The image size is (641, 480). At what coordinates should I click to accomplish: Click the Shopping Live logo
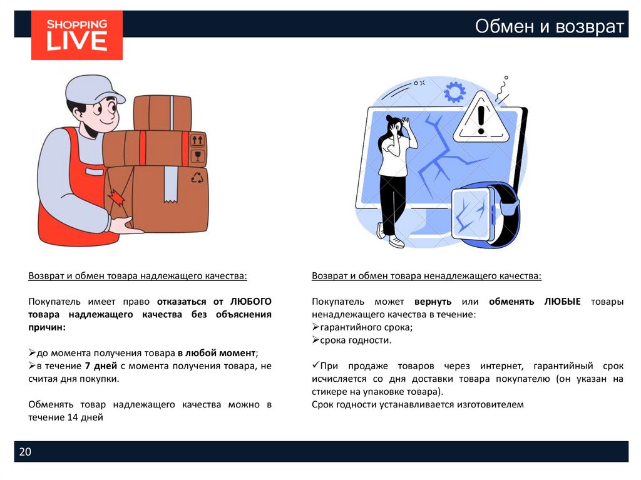[77, 35]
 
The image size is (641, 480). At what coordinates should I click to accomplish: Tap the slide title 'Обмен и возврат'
[549, 26]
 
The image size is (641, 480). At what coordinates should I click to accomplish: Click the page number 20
[25, 451]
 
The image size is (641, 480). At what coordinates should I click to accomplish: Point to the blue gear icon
[454, 92]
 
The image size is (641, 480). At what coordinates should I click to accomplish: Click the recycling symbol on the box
[197, 178]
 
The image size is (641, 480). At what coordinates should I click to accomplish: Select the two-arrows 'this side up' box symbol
[197, 141]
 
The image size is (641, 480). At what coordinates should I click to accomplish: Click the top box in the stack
[162, 113]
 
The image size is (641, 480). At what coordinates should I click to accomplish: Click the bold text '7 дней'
[101, 365]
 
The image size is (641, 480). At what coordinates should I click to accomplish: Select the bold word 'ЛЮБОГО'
[251, 301]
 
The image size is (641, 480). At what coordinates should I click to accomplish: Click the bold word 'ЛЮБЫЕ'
[562, 301]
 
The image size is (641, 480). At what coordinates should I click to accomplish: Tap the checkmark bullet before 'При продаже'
[315, 364]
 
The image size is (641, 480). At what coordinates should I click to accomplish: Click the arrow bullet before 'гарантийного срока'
[315, 327]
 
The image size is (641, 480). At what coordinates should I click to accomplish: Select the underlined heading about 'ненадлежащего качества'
[426, 276]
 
